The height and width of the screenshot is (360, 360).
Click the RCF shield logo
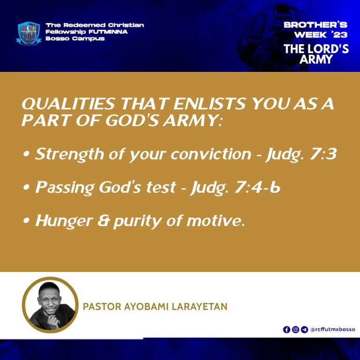coord(29,33)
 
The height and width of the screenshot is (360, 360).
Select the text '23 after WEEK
coord(339,35)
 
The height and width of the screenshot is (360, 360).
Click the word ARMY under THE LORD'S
coord(316,59)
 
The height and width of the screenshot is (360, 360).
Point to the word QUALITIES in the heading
coord(68,104)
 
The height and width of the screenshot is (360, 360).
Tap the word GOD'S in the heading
coord(132,120)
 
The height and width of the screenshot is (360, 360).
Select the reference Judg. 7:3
coord(301,155)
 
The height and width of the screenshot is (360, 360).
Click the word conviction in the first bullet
coord(211,154)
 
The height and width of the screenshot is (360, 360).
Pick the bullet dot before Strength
coord(27,154)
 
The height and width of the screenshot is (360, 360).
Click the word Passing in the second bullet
coord(65,188)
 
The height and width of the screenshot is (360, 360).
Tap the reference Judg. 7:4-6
coord(235,188)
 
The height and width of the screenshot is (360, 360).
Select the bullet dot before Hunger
coord(27,221)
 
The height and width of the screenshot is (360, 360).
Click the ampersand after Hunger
coord(104,220)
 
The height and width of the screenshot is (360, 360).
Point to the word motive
coord(216,220)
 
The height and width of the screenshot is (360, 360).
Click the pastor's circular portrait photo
coord(50,305)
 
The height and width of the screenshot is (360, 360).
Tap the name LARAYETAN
coord(200,307)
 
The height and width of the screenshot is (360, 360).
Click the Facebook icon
coord(287,330)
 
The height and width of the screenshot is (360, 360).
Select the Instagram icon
coord(295,330)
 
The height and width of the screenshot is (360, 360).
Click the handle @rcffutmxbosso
coord(333,330)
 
